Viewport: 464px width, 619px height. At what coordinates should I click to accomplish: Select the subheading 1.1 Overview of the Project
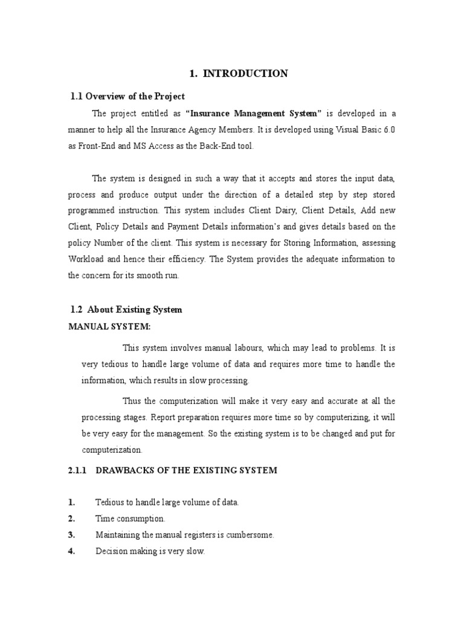click(128, 96)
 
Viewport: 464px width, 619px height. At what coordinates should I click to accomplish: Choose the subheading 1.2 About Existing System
click(126, 309)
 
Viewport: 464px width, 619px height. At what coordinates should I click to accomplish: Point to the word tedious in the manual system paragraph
click(114, 365)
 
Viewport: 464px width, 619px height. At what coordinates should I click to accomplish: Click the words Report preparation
click(182, 417)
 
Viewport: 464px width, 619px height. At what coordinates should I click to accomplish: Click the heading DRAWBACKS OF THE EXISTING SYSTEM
click(187, 470)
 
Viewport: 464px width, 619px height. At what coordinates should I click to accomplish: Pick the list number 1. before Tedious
click(72, 502)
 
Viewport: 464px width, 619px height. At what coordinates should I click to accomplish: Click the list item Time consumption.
click(130, 519)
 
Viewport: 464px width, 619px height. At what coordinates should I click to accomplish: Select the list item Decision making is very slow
click(150, 551)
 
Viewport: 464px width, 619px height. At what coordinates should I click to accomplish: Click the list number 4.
click(72, 551)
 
